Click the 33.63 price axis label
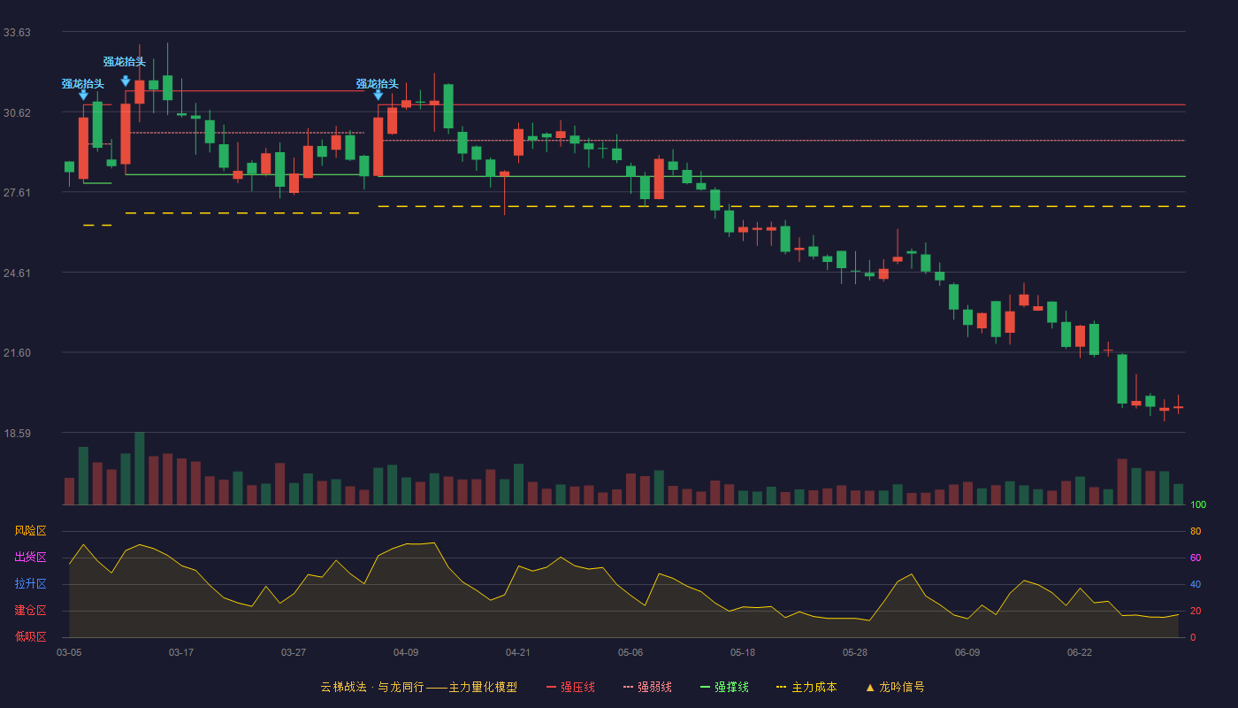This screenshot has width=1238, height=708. coord(17,33)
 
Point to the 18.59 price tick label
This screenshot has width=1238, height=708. coord(17,433)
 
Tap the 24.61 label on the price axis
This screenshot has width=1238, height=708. coord(17,273)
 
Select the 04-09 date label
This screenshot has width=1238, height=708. coord(406,653)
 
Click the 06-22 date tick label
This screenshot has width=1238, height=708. coord(1080,653)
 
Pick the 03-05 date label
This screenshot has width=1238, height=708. coord(69,653)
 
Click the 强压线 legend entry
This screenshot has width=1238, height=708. coord(570,687)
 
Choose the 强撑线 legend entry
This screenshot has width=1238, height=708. coord(724,687)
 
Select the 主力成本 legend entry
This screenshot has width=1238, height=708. coord(806,687)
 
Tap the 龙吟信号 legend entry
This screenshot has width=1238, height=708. coord(895,687)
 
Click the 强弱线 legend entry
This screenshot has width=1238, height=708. coord(647,687)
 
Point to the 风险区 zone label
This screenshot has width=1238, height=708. coord(30,531)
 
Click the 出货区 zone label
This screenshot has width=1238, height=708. coord(30,557)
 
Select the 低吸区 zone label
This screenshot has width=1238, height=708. coord(30,636)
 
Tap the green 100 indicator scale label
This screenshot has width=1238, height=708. coord(1198,504)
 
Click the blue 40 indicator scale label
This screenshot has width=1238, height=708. coord(1196,584)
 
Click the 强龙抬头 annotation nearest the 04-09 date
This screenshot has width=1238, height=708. coord(378,84)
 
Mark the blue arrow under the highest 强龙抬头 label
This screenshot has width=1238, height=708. coord(126,81)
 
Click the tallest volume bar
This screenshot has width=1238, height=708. coord(140,468)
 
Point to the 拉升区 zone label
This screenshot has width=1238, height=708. coord(30,583)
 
